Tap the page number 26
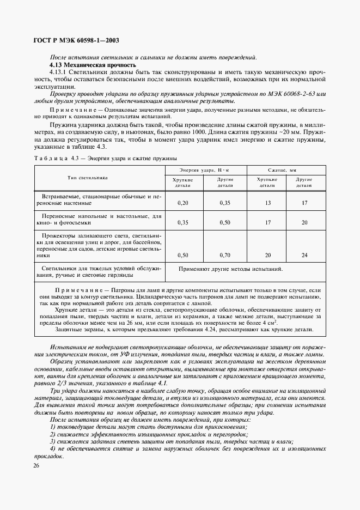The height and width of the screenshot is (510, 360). [36, 466]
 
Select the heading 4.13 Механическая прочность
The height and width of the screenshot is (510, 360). [93, 65]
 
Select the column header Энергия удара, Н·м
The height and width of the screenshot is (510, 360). [205, 171]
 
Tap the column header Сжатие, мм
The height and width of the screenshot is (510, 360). [285, 171]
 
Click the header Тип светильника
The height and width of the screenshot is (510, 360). [88, 178]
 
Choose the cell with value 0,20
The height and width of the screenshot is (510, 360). [183, 203]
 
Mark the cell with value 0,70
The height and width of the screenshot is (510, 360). [224, 254]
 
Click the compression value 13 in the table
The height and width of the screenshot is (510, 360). [267, 203]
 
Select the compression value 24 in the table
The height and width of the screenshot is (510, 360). [304, 254]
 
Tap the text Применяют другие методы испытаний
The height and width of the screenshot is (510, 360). [230, 269]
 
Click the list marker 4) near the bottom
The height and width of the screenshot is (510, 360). [53, 448]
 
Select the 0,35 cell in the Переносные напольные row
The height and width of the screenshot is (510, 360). [183, 223]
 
